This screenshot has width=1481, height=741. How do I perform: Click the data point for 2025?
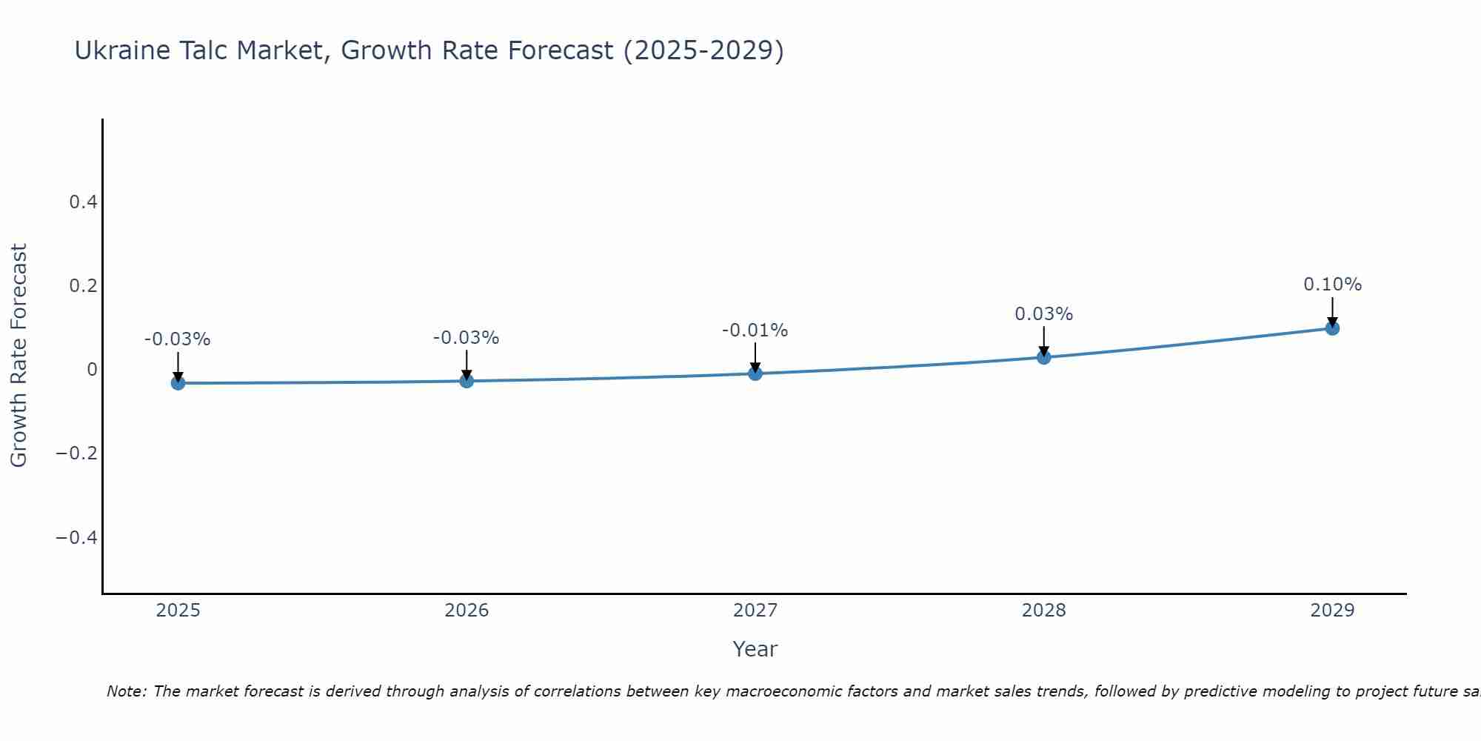click(178, 382)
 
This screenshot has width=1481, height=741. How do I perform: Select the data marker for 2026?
click(467, 381)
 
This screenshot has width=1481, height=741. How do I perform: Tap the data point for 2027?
click(755, 373)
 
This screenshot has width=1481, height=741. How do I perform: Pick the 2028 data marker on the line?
click(1044, 357)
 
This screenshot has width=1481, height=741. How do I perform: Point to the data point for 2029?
click(1332, 328)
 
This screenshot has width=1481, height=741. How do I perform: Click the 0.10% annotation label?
click(1332, 285)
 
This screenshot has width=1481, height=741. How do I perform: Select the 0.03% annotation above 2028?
click(1043, 314)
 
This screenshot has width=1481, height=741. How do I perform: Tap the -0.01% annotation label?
click(755, 330)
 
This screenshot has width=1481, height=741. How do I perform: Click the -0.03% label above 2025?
click(177, 339)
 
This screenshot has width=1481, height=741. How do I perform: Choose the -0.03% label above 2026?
click(466, 338)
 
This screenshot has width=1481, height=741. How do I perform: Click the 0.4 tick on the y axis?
click(83, 202)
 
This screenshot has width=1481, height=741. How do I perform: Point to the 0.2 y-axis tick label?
click(83, 285)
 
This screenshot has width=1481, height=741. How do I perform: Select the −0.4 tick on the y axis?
click(77, 536)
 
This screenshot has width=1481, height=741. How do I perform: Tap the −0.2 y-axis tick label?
click(77, 453)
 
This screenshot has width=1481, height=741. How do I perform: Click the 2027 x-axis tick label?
click(755, 611)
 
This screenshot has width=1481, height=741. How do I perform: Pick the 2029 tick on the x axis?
click(1332, 611)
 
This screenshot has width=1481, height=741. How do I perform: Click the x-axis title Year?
click(755, 649)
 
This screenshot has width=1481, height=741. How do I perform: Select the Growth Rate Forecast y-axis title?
click(19, 355)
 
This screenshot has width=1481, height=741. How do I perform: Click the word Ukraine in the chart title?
click(121, 50)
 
